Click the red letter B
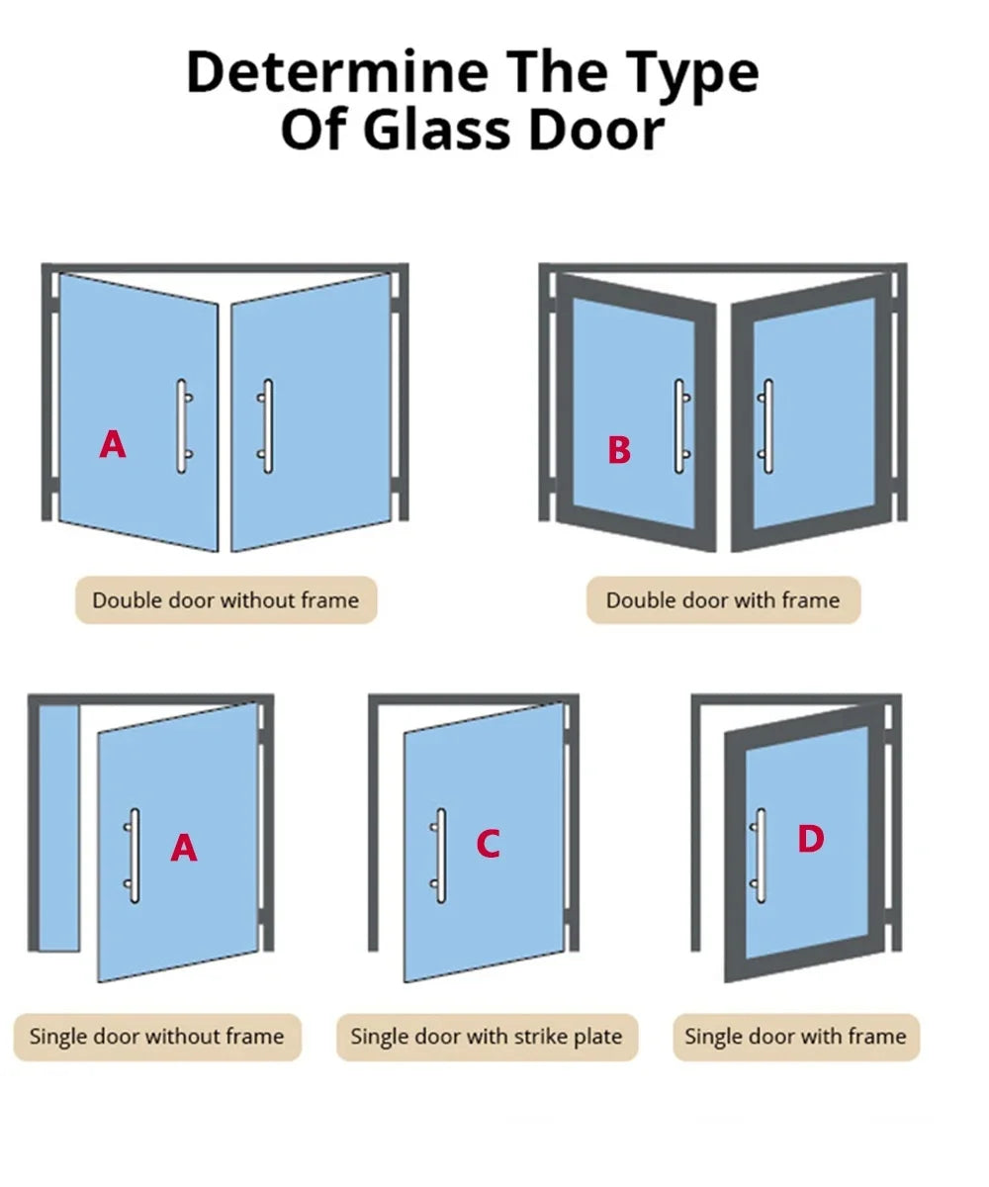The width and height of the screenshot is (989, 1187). pyautogui.click(x=619, y=450)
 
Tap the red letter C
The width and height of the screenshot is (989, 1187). pyautogui.click(x=489, y=844)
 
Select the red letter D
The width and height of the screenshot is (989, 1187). pyautogui.click(x=811, y=839)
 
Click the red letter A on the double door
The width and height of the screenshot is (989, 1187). pyautogui.click(x=113, y=444)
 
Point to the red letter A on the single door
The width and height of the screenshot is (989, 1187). pyautogui.click(x=184, y=848)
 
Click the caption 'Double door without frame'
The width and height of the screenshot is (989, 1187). pyautogui.click(x=225, y=600)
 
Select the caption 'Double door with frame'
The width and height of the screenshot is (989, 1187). pyautogui.click(x=723, y=600)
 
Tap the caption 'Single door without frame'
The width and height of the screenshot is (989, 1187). pyautogui.click(x=157, y=1037)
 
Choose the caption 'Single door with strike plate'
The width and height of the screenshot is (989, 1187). pyautogui.click(x=487, y=1037)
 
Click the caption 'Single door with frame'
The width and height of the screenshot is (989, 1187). pyautogui.click(x=796, y=1037)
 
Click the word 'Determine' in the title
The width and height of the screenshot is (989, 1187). pyautogui.click(x=337, y=73)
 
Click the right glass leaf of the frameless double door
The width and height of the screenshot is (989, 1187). pyautogui.click(x=311, y=413)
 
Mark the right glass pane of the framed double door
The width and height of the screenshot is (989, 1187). pyautogui.click(x=814, y=413)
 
